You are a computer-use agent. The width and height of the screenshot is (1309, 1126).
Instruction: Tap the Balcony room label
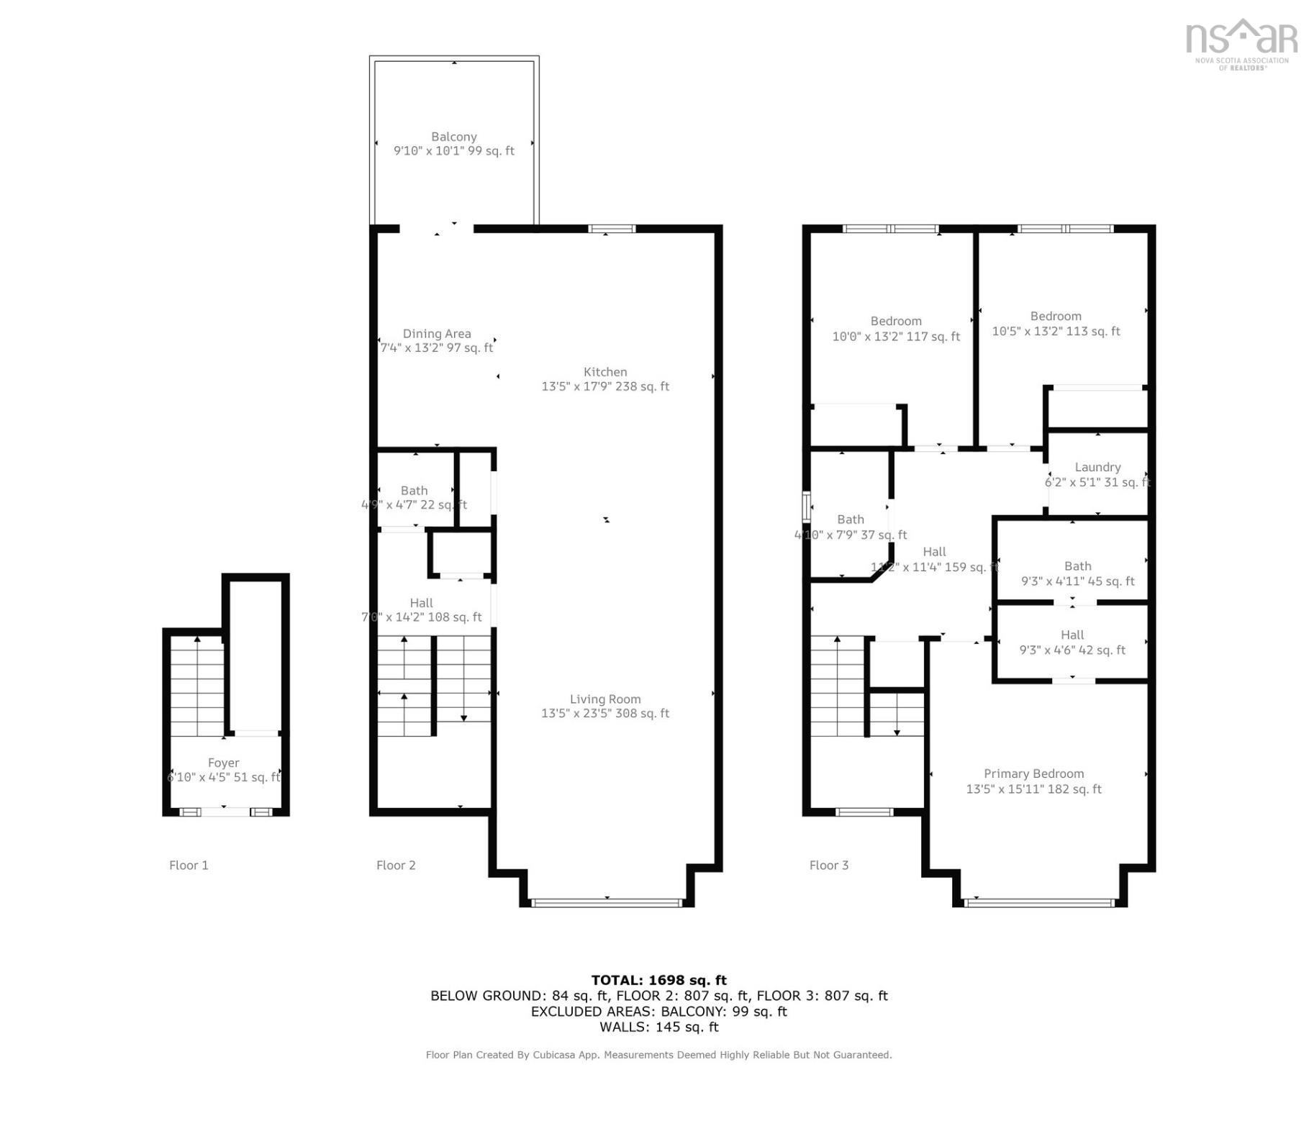454,137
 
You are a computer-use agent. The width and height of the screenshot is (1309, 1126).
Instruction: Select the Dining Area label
437,334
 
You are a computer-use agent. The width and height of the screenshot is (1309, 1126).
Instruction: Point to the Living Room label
605,699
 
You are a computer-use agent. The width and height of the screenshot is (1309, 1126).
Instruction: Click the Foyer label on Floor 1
223,763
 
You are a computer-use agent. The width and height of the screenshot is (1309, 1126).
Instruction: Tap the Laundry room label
1097,468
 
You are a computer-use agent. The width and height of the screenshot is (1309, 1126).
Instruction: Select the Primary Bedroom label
1033,774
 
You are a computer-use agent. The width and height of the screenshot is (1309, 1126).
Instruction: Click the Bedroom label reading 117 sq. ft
896,322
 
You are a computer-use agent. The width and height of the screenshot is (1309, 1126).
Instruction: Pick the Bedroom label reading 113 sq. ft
1056,317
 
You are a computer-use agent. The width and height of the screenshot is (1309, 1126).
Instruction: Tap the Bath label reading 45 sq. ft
1077,567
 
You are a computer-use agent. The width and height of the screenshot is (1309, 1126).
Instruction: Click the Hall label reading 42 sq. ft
1072,635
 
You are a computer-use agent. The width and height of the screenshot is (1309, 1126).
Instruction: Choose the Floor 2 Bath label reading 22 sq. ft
415,491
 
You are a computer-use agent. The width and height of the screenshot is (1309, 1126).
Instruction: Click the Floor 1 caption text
189,866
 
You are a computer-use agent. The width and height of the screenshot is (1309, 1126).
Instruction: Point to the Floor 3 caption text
829,866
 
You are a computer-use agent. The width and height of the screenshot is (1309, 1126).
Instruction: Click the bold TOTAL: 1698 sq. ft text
658,981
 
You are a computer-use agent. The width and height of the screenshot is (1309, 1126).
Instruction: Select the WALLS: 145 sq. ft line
658,1027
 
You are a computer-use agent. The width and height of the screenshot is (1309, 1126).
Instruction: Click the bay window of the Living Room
607,902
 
